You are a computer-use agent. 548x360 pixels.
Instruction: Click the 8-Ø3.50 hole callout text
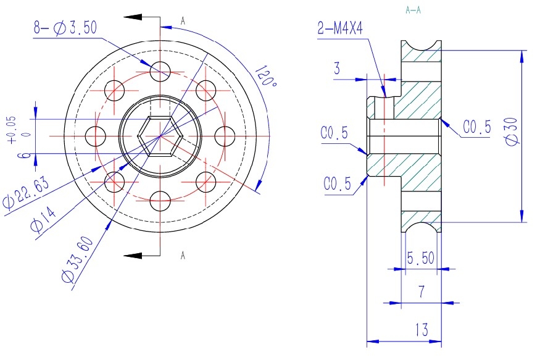65,27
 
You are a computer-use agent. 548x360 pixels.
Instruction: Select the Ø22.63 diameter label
25,193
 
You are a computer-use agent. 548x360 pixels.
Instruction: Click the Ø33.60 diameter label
78,259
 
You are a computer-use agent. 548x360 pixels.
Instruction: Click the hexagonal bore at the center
160,136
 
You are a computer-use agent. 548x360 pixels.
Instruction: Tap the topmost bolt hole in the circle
160,72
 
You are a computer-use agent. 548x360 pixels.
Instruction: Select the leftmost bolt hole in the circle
96,136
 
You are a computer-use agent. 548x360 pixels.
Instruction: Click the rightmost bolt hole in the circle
225,136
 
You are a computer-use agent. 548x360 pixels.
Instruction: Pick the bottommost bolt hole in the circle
160,201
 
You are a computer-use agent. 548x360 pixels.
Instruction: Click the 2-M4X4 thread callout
340,28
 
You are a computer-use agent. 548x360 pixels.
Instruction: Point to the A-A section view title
413,10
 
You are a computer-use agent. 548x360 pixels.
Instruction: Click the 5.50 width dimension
421,258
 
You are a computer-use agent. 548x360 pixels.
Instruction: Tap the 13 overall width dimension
422,330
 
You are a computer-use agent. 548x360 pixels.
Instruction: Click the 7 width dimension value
422,291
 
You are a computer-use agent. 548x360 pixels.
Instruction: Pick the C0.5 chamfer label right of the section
477,127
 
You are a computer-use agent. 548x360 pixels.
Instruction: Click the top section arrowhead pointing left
133,17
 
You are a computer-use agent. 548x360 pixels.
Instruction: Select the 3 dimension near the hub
337,68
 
